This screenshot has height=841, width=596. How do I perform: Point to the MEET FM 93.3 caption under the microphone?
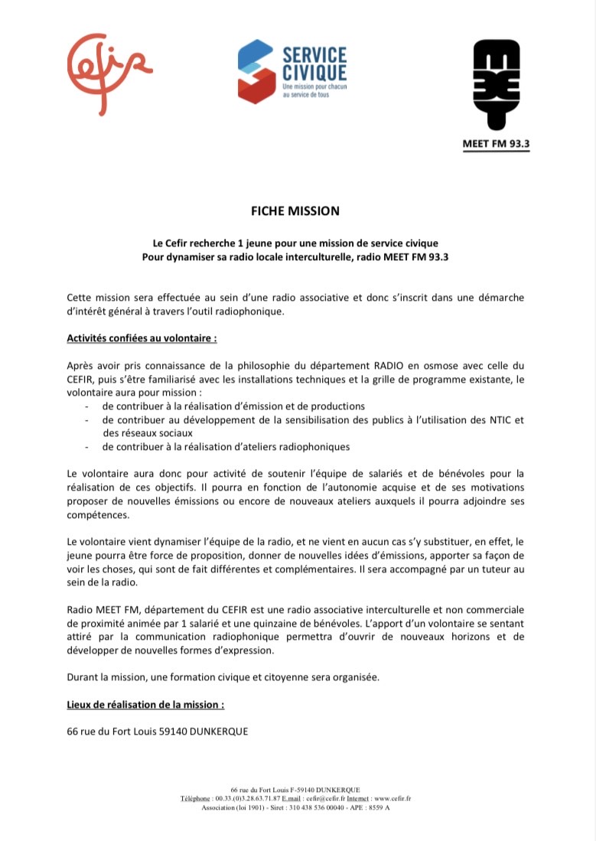click(496, 144)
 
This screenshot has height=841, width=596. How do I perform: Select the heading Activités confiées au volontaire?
click(142, 337)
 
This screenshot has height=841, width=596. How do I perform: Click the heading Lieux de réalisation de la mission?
click(145, 704)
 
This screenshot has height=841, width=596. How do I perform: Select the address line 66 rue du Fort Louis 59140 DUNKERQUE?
click(158, 732)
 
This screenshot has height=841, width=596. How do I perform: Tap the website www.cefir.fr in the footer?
click(393, 798)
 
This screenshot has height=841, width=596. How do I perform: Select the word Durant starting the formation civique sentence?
click(83, 677)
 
